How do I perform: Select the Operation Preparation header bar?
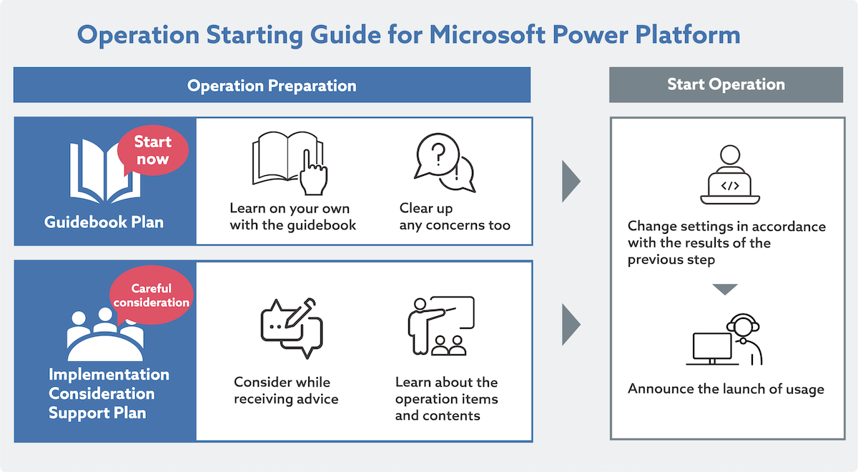click(x=272, y=85)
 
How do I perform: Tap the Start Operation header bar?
click(x=726, y=84)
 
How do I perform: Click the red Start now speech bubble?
click(x=152, y=151)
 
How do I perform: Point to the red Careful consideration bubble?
click(x=152, y=295)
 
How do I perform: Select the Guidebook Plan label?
click(x=104, y=222)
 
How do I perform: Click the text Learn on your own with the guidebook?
click(x=292, y=217)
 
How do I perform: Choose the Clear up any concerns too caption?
click(x=455, y=217)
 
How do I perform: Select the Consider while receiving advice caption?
click(x=286, y=390)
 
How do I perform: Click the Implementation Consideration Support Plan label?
click(x=109, y=393)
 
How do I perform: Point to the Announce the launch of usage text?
click(x=726, y=389)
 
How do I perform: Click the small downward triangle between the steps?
click(x=725, y=290)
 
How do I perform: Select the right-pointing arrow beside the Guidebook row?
click(x=570, y=182)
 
